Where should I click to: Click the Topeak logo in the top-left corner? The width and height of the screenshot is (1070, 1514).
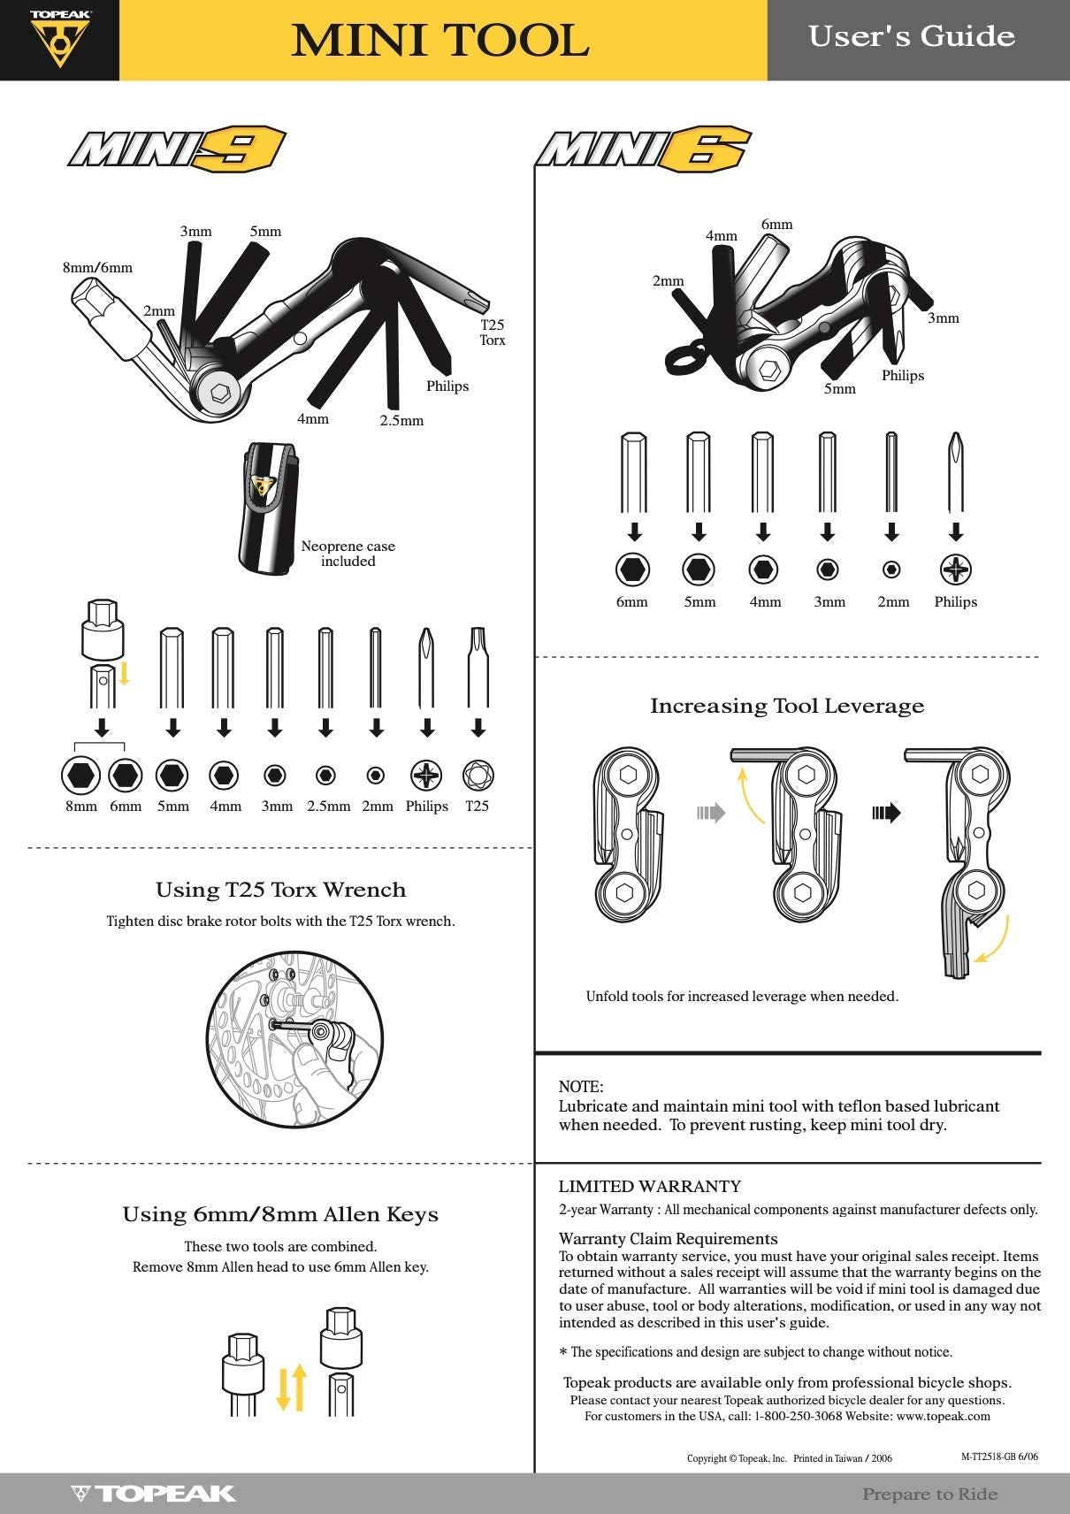(x=59, y=39)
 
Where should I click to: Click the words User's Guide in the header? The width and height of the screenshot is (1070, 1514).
(x=911, y=36)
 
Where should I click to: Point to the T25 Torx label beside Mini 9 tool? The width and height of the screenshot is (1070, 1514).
(x=493, y=333)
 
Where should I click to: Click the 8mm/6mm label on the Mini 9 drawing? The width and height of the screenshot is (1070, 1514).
(x=97, y=267)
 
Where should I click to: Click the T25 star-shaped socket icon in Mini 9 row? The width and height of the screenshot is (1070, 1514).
(x=478, y=776)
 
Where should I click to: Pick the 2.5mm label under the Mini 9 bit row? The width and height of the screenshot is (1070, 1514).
(x=328, y=807)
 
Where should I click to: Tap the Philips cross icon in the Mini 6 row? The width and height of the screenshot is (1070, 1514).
(x=955, y=570)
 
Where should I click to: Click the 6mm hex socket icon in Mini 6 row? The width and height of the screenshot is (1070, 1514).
(x=632, y=570)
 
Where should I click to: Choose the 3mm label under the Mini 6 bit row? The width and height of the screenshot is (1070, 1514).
(x=829, y=602)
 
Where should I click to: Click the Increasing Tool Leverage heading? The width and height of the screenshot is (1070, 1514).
(x=787, y=706)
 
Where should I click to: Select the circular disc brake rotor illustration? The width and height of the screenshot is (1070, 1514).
(x=294, y=1039)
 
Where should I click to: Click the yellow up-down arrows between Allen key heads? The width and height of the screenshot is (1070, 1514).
(x=291, y=1388)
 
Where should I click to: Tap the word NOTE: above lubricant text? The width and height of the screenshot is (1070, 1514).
(x=581, y=1087)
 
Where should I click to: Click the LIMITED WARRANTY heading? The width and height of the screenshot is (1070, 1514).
(x=649, y=1187)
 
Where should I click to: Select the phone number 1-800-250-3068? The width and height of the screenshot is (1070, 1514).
(x=798, y=1416)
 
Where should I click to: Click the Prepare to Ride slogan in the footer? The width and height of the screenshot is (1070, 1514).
(x=929, y=1494)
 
